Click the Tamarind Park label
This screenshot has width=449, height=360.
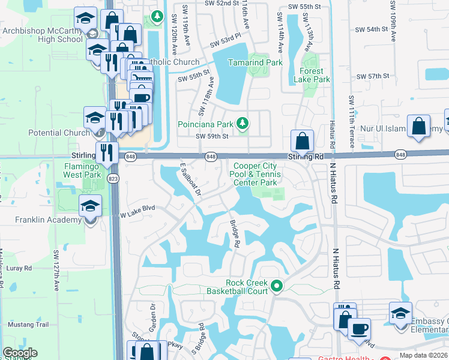[x=255, y=62]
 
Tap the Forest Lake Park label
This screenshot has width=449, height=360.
[x=311, y=75]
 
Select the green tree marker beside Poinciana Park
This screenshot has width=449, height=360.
[x=243, y=124]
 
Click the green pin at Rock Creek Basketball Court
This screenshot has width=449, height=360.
[x=277, y=286]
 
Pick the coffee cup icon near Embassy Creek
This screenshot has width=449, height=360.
[x=359, y=329]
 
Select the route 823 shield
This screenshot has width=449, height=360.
[x=112, y=179]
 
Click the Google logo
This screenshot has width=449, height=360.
[x=20, y=353]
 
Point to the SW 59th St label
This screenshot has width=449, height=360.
[x=212, y=136]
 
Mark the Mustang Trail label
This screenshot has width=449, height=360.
[x=28, y=324]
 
